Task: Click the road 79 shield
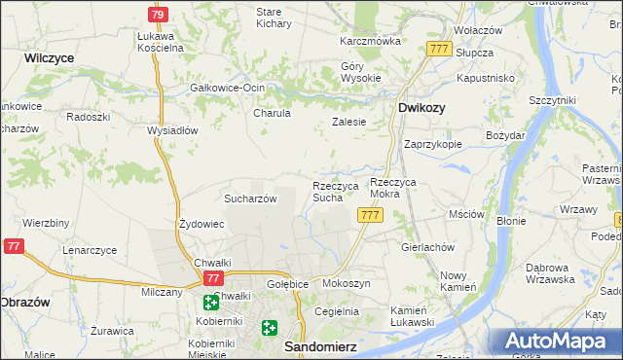pos(158,15)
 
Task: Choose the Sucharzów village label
pos(251,198)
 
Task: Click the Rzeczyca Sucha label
pos(336,191)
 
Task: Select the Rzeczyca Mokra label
pos(399,188)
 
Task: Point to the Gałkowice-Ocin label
pos(227,87)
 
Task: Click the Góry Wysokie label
pos(358,72)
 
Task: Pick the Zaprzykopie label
pos(432,143)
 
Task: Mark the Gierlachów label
pos(428,247)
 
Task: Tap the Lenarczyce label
pos(90,250)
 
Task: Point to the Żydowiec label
pos(202,224)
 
